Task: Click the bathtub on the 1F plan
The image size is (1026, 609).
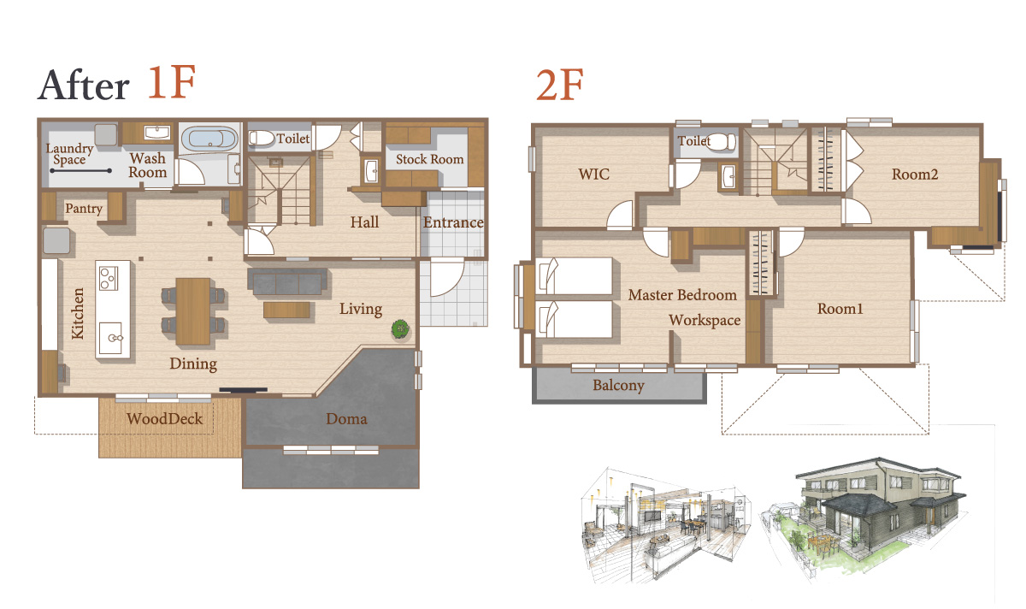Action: click(x=209, y=138)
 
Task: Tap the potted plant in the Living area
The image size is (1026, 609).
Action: click(x=400, y=329)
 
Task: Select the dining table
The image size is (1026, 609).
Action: click(x=193, y=310)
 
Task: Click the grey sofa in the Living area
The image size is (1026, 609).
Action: click(x=287, y=281)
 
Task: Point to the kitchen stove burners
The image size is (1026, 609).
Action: click(x=109, y=278)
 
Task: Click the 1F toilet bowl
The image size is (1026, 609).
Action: click(x=261, y=138)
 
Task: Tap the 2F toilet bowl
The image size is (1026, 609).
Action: click(x=722, y=142)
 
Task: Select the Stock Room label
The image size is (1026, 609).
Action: click(x=429, y=159)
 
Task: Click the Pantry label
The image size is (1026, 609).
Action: click(x=84, y=209)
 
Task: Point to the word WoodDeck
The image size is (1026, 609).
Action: click(x=164, y=418)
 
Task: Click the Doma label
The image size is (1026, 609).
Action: click(x=346, y=419)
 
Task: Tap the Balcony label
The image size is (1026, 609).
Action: click(x=618, y=386)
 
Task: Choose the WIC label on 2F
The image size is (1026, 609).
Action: click(x=593, y=174)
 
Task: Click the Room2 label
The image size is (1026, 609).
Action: click(x=915, y=174)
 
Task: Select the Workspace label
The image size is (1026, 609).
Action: click(x=705, y=320)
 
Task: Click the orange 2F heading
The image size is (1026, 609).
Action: click(x=560, y=85)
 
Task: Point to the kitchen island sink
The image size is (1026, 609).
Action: click(x=112, y=338)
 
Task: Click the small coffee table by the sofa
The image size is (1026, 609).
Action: click(x=286, y=310)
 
